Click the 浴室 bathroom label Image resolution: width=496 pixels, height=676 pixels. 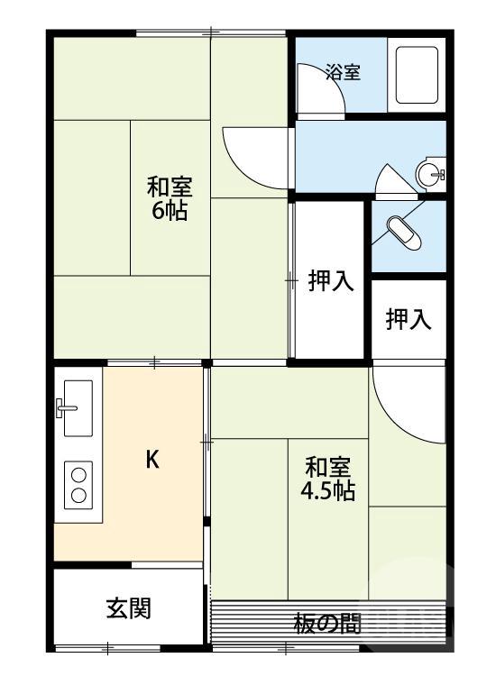click(x=343, y=72)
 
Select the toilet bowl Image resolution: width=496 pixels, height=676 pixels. click(x=402, y=233)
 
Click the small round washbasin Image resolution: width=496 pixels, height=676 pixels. click(x=431, y=173)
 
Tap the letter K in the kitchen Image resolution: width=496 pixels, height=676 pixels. click(x=152, y=460)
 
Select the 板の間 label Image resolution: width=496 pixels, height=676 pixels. click(x=327, y=623)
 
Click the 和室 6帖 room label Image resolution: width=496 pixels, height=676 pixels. click(x=170, y=199)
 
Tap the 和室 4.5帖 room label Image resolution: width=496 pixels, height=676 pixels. click(x=327, y=480)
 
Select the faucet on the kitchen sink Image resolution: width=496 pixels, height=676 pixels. click(x=67, y=408)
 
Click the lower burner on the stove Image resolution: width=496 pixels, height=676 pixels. click(x=78, y=494)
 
